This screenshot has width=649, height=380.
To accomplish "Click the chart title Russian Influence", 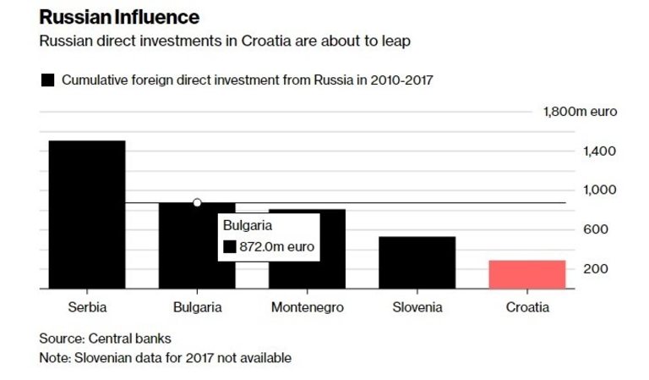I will pos(119,17).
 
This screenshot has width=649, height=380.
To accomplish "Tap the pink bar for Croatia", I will pos(526,274).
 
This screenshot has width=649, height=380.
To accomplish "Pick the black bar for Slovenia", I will pos(417,262).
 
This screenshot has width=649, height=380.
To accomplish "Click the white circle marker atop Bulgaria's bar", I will pos(197,202).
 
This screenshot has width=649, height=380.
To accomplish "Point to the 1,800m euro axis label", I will pos(580,112).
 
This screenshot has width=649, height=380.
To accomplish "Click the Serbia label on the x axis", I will pos(87,307).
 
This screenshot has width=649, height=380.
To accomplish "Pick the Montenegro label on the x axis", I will pos(308,307).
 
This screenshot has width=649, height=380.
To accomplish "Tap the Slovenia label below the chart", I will pos(417,307).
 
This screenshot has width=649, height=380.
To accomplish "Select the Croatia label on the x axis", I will pos(526,307).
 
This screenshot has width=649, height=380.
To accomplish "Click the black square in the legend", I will pos(47,80).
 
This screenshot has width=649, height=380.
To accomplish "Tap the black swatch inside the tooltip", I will pos(229,247).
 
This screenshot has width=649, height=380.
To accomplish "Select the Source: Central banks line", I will pos(105,339).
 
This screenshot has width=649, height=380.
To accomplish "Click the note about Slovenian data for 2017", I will pos(165,358).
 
